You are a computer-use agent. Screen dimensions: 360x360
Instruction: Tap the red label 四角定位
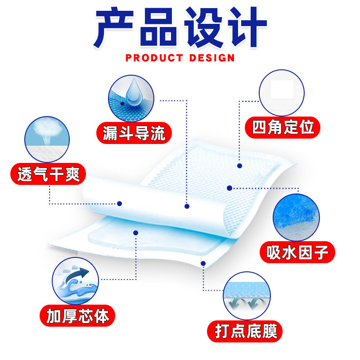283,127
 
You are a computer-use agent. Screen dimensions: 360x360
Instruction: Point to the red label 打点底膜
245,332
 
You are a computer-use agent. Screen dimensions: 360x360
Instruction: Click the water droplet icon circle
131,98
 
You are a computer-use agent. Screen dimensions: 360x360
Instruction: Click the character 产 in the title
114,28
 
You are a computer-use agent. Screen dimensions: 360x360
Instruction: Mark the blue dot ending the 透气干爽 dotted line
119,203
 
